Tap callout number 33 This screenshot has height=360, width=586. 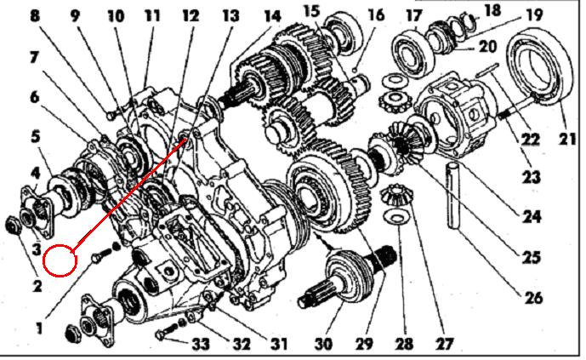click(x=201, y=344)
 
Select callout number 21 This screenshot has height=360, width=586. click(x=567, y=139)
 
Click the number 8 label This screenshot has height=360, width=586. click(x=35, y=16)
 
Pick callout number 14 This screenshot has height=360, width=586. click(x=272, y=16)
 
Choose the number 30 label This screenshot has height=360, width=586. click(x=323, y=344)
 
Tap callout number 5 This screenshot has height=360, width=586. click(x=36, y=136)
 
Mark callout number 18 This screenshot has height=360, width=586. click(x=492, y=10)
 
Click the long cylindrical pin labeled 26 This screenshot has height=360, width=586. click(x=455, y=195)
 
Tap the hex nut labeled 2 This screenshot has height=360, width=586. click(x=14, y=226)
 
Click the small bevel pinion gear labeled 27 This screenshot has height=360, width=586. click(x=395, y=196)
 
